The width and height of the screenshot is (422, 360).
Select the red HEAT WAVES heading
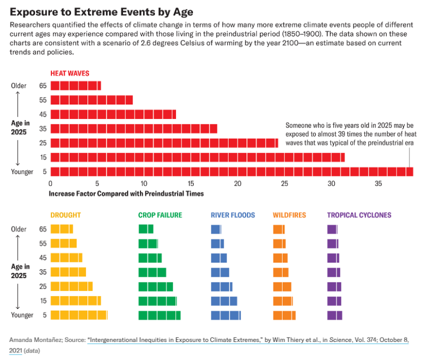[x=69, y=73]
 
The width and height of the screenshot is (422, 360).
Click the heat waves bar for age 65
[x=75, y=85]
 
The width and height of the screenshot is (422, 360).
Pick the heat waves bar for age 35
[x=133, y=128]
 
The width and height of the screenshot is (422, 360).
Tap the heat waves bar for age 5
[x=231, y=171]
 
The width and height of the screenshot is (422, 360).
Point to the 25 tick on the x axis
[x=284, y=183]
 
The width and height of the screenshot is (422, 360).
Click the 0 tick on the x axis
[x=50, y=183]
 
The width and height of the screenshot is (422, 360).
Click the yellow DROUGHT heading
[x=65, y=215]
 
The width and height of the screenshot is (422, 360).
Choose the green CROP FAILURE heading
[x=160, y=215]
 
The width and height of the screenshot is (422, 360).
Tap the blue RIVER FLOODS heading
[x=232, y=215]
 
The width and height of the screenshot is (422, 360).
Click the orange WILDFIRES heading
[x=289, y=215]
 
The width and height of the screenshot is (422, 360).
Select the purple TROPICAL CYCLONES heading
[x=359, y=215]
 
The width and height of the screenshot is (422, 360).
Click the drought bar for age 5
[x=79, y=315]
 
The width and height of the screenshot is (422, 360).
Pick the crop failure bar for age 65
[x=146, y=229]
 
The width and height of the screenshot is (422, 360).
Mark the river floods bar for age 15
[x=224, y=300]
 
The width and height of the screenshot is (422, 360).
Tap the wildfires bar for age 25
[x=282, y=286]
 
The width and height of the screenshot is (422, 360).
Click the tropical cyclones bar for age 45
[x=333, y=258]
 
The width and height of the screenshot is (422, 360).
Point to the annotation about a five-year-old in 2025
[x=349, y=134]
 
